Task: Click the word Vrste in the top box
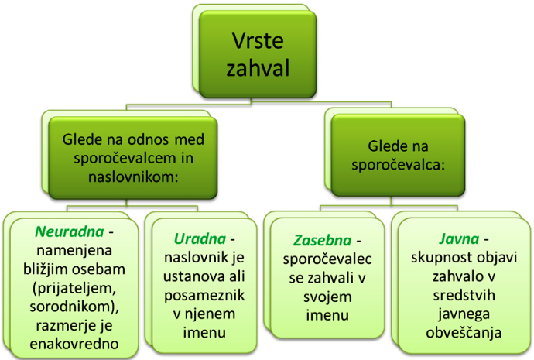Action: click(x=258, y=40)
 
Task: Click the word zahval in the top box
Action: click(x=258, y=67)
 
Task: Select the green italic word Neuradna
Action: click(x=70, y=231)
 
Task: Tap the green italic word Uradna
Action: click(x=200, y=238)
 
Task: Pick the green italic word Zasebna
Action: click(x=322, y=241)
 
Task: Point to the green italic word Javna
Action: click(x=459, y=238)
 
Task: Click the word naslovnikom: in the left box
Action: click(x=133, y=177)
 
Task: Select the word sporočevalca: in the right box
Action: click(x=399, y=165)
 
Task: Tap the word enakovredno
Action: click(x=74, y=344)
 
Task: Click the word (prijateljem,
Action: click(x=74, y=289)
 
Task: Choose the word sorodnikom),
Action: click(x=74, y=307)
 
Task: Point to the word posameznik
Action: click(x=204, y=295)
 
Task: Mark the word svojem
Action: click(x=327, y=297)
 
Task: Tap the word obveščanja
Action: click(x=464, y=333)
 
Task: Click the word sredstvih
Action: click(x=464, y=295)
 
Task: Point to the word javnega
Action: click(x=464, y=314)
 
